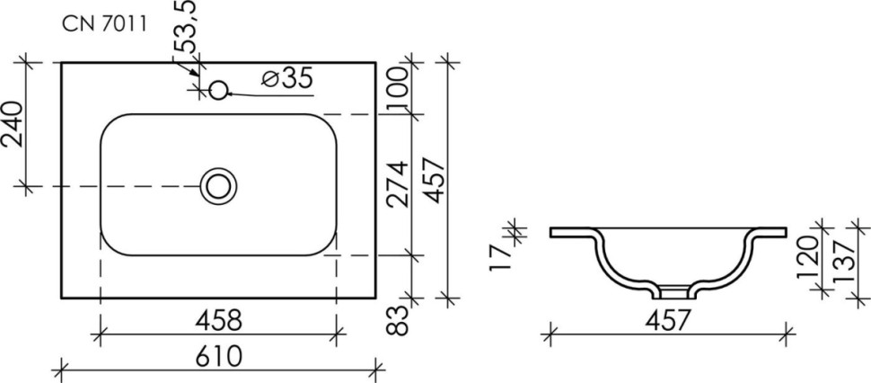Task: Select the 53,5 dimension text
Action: pos(187,29)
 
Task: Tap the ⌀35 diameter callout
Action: pos(287,79)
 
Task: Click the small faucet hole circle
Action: pos(218,90)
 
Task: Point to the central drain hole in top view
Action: pos(218,186)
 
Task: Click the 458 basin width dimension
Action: pos(216,320)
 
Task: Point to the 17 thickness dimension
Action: pos(504,254)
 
